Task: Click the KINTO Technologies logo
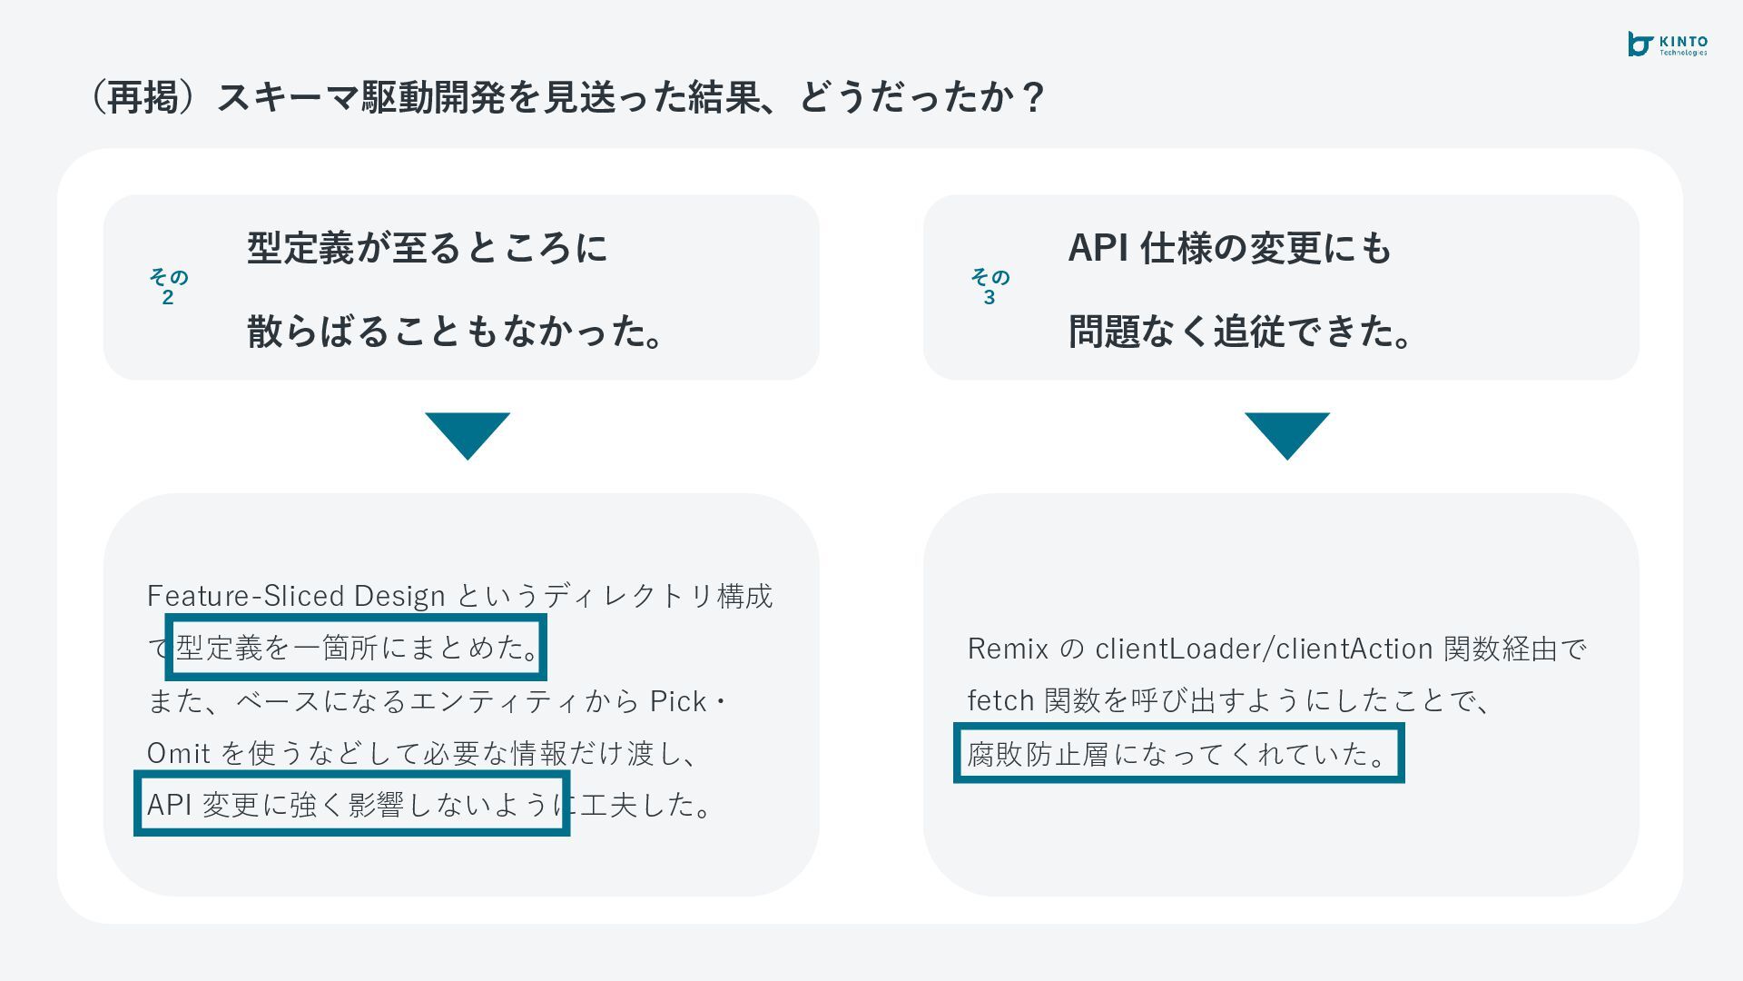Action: click(x=1667, y=45)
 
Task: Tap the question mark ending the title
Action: click(x=1032, y=97)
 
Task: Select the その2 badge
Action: click(x=168, y=287)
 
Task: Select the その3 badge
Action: click(x=990, y=287)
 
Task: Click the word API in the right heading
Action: click(x=1098, y=248)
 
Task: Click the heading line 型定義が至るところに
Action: click(x=427, y=248)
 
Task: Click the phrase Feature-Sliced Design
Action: click(x=296, y=596)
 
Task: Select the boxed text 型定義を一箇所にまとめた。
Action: click(x=357, y=648)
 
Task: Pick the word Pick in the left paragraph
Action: click(x=678, y=701)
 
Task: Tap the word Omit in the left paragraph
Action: click(x=179, y=753)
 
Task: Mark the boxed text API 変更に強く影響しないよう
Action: click(x=352, y=804)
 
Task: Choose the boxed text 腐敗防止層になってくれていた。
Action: click(x=1178, y=754)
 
